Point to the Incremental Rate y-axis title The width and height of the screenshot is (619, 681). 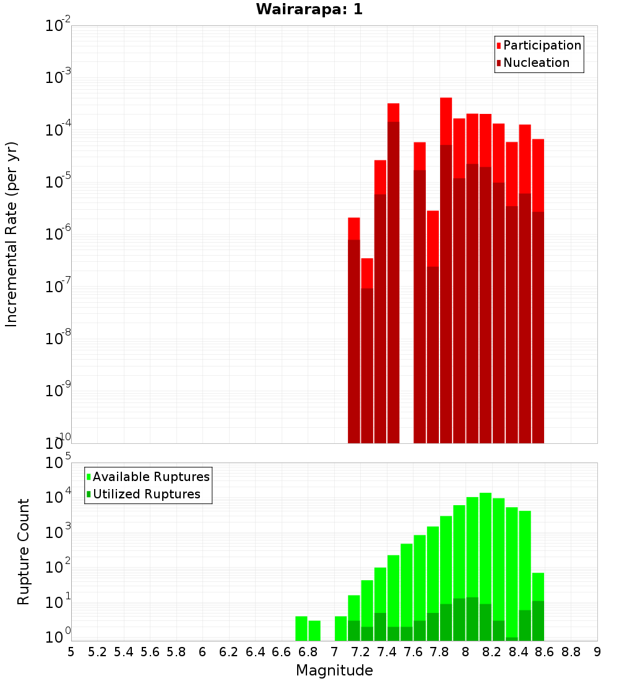(x=12, y=234)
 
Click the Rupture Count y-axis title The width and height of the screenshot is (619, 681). (x=24, y=551)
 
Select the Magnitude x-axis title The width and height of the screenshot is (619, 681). (x=334, y=670)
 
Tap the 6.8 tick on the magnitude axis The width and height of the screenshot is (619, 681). (x=308, y=652)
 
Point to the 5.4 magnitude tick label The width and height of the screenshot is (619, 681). (x=124, y=652)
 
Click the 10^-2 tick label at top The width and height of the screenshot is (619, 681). (x=58, y=26)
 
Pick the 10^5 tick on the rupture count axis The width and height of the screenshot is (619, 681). (x=59, y=463)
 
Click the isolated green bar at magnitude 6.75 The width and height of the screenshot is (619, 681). (x=301, y=628)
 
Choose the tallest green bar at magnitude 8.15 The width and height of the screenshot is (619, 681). (x=485, y=557)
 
